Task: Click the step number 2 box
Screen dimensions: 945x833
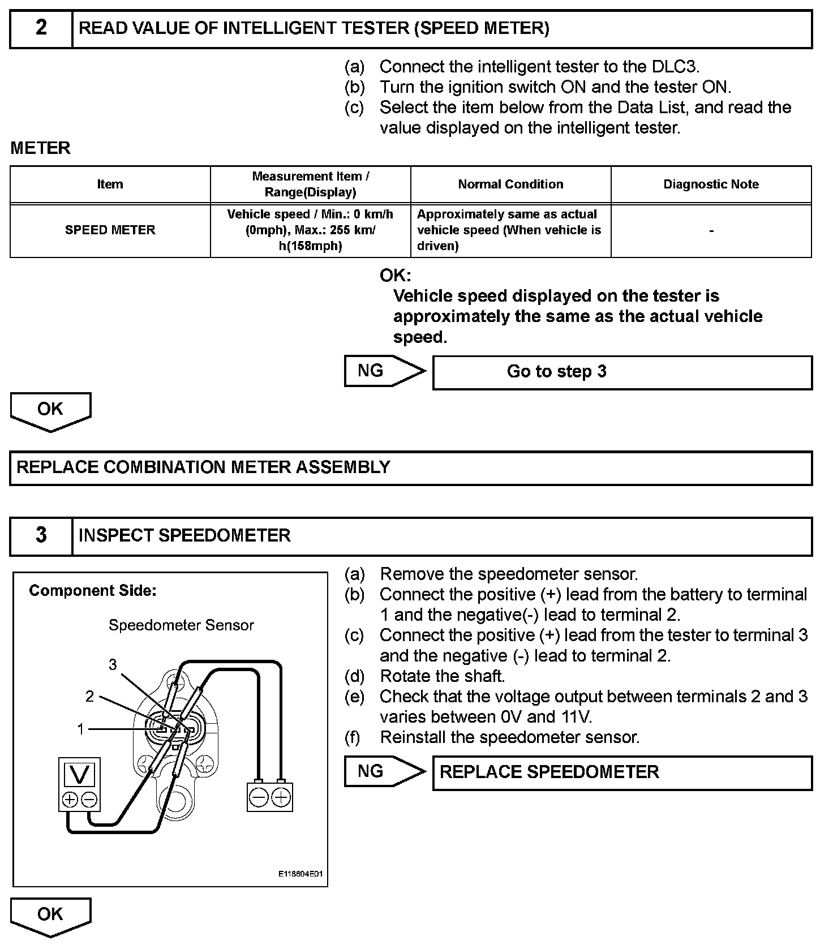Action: click(41, 28)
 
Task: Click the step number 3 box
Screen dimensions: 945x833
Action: click(41, 535)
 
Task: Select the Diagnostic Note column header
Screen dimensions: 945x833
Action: click(711, 184)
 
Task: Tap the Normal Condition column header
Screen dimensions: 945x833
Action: click(510, 184)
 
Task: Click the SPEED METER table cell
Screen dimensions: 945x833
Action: click(110, 230)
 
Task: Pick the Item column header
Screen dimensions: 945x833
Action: click(110, 184)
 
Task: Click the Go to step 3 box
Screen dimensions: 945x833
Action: click(622, 372)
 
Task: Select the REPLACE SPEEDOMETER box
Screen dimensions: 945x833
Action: click(622, 772)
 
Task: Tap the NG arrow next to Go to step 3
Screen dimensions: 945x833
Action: click(382, 371)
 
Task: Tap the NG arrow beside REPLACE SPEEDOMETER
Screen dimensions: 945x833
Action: click(382, 771)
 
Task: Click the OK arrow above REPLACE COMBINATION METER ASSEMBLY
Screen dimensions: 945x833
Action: click(50, 410)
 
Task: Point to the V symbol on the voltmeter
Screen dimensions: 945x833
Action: click(80, 774)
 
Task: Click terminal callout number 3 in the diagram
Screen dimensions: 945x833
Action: click(113, 664)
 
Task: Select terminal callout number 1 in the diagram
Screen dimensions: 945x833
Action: click(80, 729)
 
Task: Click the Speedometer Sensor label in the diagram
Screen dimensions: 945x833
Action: click(181, 625)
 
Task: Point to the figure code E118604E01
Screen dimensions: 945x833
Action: click(300, 874)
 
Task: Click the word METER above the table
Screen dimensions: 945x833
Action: click(41, 148)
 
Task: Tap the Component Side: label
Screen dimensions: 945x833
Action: click(93, 591)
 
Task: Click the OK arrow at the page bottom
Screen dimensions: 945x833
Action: click(50, 915)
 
